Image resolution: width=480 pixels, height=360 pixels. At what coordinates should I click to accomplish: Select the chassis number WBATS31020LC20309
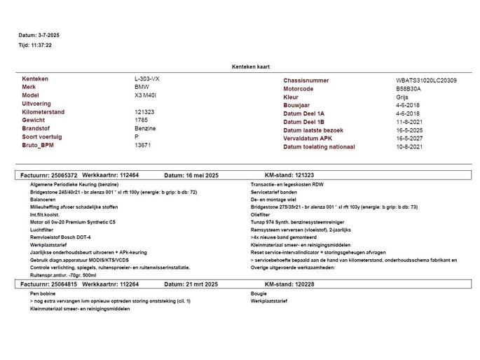point(426,81)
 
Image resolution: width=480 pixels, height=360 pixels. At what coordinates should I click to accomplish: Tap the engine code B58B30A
point(409,89)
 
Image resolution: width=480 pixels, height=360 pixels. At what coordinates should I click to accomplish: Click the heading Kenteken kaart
point(251,67)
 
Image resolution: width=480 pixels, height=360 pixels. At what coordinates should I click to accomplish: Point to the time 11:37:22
point(41,45)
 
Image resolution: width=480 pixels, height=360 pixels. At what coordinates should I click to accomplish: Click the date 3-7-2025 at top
point(49,34)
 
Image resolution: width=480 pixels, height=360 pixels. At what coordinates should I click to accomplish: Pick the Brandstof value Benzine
point(145,129)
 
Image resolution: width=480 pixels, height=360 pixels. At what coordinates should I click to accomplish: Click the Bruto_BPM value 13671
point(143,145)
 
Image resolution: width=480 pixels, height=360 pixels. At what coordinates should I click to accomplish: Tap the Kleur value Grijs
point(402,97)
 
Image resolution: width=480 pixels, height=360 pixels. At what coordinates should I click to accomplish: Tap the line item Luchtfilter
point(43,228)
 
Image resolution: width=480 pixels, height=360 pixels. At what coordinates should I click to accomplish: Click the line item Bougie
point(259,293)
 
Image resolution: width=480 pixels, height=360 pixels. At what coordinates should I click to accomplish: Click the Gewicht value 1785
point(142,120)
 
